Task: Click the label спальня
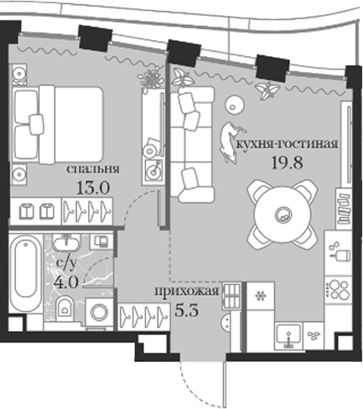[93, 169]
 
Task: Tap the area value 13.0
[93, 188]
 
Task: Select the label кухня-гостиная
[288, 143]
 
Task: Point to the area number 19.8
[288, 163]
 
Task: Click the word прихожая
[187, 292]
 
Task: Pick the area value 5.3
[187, 310]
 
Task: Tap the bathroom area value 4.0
[66, 282]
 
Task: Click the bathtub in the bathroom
[26, 274]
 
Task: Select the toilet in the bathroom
[65, 308]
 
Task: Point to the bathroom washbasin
[66, 243]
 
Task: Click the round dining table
[283, 215]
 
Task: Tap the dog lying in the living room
[229, 142]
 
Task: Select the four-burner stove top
[338, 290]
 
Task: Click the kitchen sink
[289, 336]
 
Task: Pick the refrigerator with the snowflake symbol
[261, 296]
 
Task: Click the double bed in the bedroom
[57, 124]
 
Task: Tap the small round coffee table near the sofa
[235, 105]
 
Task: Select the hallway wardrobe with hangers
[144, 316]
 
